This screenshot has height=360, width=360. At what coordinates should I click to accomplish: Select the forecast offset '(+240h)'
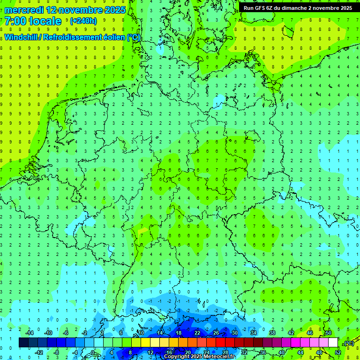click(83, 21)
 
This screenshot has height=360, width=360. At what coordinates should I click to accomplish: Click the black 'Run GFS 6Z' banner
click(298, 8)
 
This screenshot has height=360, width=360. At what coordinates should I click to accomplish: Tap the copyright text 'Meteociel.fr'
click(216, 357)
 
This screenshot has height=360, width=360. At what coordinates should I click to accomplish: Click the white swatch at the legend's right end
click(333, 343)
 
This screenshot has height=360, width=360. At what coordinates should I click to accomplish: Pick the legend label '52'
click(338, 352)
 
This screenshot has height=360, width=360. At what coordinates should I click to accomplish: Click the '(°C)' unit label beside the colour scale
click(348, 343)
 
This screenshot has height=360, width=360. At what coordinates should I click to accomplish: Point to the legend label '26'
click(216, 333)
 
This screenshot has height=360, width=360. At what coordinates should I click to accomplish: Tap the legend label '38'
click(272, 333)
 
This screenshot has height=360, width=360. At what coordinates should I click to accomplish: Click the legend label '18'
click(179, 333)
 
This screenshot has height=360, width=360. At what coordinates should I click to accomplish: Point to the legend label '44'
click(300, 352)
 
